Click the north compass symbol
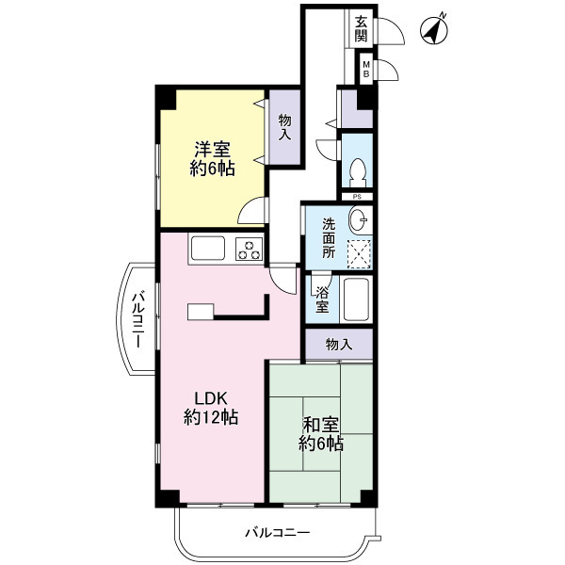pos(433,30)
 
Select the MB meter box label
pos(366,70)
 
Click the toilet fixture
pos(358,172)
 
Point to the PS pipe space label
pos(357,197)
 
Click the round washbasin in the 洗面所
pos(359,219)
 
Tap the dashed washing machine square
pos(359,254)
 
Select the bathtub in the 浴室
pos(356,299)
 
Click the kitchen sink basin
pos(207,248)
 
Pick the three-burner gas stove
pos(249,249)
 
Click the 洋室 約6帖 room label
pos(213,159)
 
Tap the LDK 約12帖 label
pos(211,408)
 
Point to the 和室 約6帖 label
pos(321,434)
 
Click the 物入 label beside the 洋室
pos(284,127)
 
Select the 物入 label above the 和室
pos(339,345)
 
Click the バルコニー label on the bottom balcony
pos(278,532)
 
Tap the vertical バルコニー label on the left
pos(138,320)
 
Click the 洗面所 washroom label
pos(329,238)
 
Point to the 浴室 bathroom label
pos(322,299)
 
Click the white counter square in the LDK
pos(201,312)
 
